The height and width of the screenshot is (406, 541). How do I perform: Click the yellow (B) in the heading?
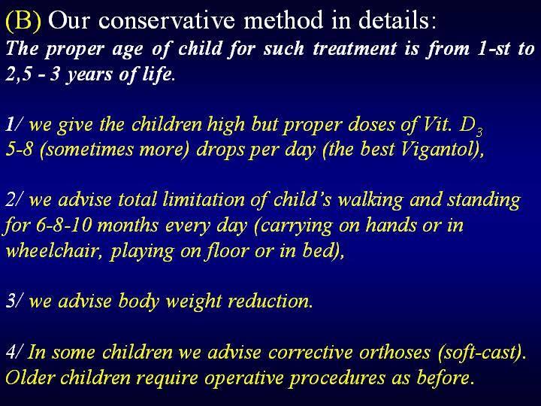[23, 21]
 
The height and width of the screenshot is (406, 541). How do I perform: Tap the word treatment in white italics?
[355, 49]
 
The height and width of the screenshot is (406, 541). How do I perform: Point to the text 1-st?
[494, 49]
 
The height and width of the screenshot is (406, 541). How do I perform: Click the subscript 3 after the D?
[479, 132]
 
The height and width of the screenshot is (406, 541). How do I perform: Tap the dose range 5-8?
[20, 150]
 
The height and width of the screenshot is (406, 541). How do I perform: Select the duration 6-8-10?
[64, 226]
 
